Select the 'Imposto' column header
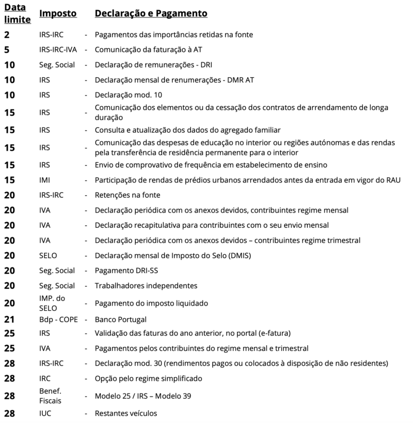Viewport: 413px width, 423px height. pos(58,13)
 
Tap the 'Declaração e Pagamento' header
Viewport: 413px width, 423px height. pos(151,13)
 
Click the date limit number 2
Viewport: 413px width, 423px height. pos(7,35)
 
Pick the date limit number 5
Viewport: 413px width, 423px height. pos(7,50)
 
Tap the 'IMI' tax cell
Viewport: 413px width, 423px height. pos(45,180)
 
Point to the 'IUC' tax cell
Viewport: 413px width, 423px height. pos(46,413)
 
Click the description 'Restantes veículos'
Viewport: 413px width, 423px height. pos(126,413)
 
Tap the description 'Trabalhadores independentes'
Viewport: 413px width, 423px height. pos(146,286)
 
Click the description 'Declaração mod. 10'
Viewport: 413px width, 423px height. pos(128,95)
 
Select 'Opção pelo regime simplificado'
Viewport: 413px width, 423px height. pos(148,379)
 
